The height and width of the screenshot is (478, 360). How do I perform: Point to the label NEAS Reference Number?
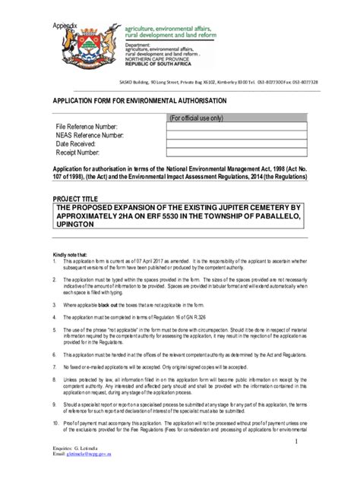[89, 135]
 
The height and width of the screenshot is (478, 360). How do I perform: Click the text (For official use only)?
[197, 118]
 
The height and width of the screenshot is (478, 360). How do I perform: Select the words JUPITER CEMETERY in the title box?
[255, 206]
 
